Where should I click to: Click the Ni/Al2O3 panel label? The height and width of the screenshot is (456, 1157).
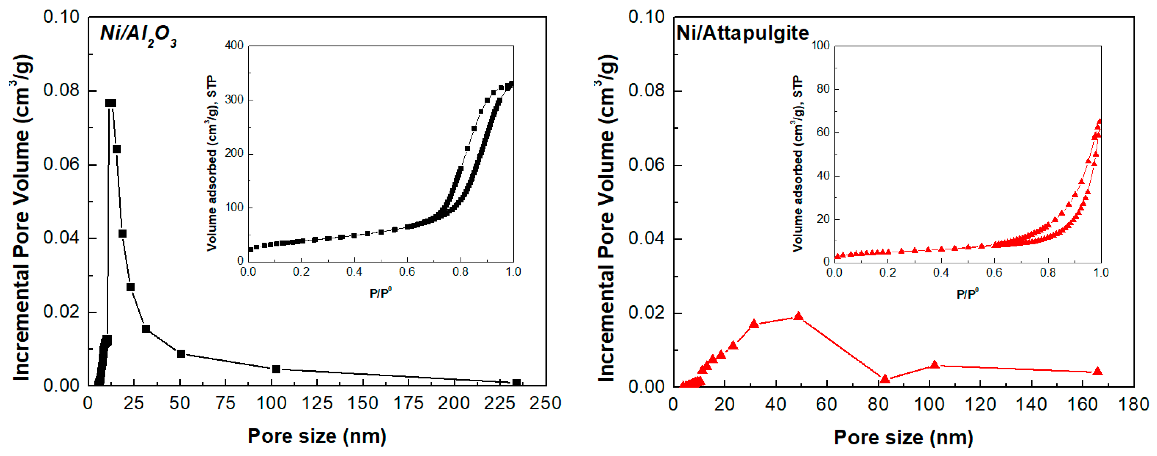138,35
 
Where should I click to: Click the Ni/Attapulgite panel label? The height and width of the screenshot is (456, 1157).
742,33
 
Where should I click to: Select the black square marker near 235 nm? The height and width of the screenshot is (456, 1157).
517,383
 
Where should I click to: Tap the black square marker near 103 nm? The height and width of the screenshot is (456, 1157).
276,369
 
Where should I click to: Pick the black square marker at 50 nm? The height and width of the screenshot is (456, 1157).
181,354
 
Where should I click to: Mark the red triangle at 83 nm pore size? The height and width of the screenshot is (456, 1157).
885,379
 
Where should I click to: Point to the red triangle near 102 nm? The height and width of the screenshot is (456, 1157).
935,365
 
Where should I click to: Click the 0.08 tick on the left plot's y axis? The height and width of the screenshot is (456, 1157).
61,90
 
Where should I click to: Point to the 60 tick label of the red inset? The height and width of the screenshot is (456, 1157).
823,132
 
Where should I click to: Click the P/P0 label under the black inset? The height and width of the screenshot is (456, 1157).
380,293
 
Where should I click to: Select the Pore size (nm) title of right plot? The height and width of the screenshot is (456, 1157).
903,437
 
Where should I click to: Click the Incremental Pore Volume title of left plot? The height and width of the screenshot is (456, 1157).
22,218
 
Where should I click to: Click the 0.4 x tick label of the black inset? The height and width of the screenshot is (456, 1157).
354,272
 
